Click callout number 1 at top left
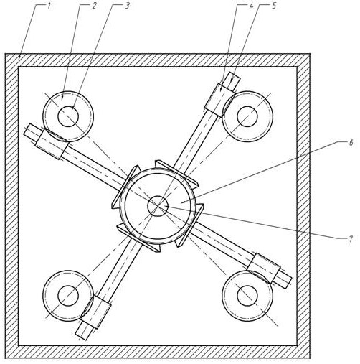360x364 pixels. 49,6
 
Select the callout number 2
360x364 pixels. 94,6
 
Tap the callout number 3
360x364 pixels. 127,6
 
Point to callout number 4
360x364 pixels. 251,6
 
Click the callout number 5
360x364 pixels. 274,6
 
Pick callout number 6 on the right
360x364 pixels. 351,143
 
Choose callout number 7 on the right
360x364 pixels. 351,239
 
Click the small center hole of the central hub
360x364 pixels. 158,206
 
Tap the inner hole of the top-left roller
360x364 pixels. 68,116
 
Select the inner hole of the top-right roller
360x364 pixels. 247,116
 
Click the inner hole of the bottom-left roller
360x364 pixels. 68,296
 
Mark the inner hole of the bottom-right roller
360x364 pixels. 247,296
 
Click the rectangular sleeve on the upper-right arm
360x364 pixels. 219,100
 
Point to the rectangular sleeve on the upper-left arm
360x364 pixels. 52,144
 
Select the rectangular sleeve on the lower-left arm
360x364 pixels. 96,312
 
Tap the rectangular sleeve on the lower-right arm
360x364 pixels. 264,268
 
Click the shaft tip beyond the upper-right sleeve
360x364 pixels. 234,78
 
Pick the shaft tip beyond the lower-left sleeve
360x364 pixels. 82,334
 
